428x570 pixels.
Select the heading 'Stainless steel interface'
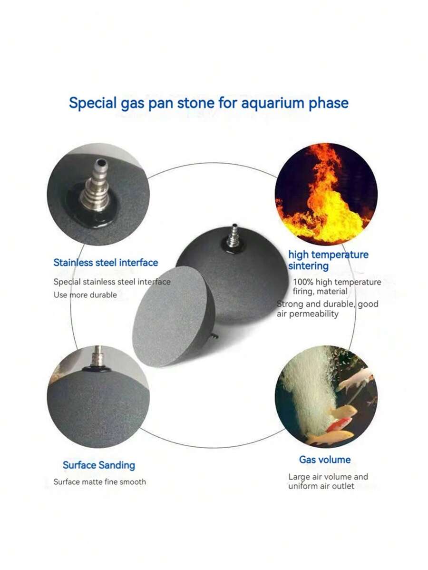pos(106,263)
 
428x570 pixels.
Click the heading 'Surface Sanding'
pos(99,465)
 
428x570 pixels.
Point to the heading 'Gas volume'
pos(325,460)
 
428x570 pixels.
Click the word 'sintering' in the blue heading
pos(308,266)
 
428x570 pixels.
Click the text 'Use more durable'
pos(85,295)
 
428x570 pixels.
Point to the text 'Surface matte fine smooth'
pos(99,482)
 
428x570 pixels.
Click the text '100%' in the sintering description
pos(303,282)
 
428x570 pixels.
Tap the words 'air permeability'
pos(307,314)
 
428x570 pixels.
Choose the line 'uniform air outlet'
pos(321,486)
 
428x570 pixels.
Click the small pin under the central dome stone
pos(214,336)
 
